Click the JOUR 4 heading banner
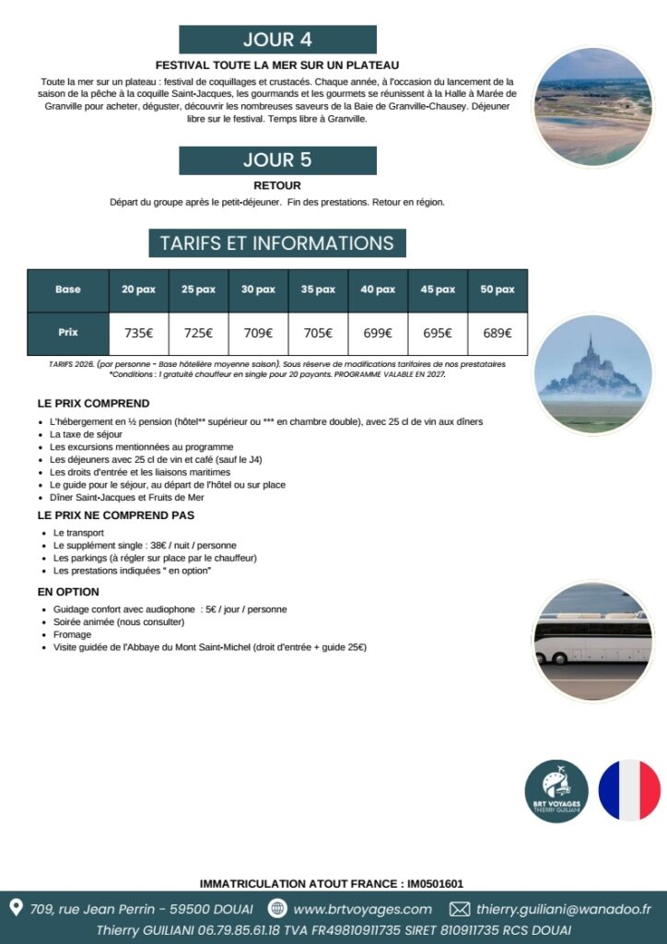(277, 40)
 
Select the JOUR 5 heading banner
(277, 159)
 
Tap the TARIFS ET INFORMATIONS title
(277, 243)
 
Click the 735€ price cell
(138, 334)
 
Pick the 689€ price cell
(497, 334)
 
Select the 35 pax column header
(318, 289)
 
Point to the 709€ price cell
(258, 334)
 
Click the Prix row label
(68, 333)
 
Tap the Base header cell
(68, 289)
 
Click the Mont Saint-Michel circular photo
(592, 374)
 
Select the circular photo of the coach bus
(592, 641)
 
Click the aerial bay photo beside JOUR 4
(592, 107)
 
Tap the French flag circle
(630, 790)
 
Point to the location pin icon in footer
(16, 908)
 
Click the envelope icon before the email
(459, 909)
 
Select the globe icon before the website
(277, 909)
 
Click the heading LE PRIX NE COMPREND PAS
(116, 515)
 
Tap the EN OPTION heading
(68, 592)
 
